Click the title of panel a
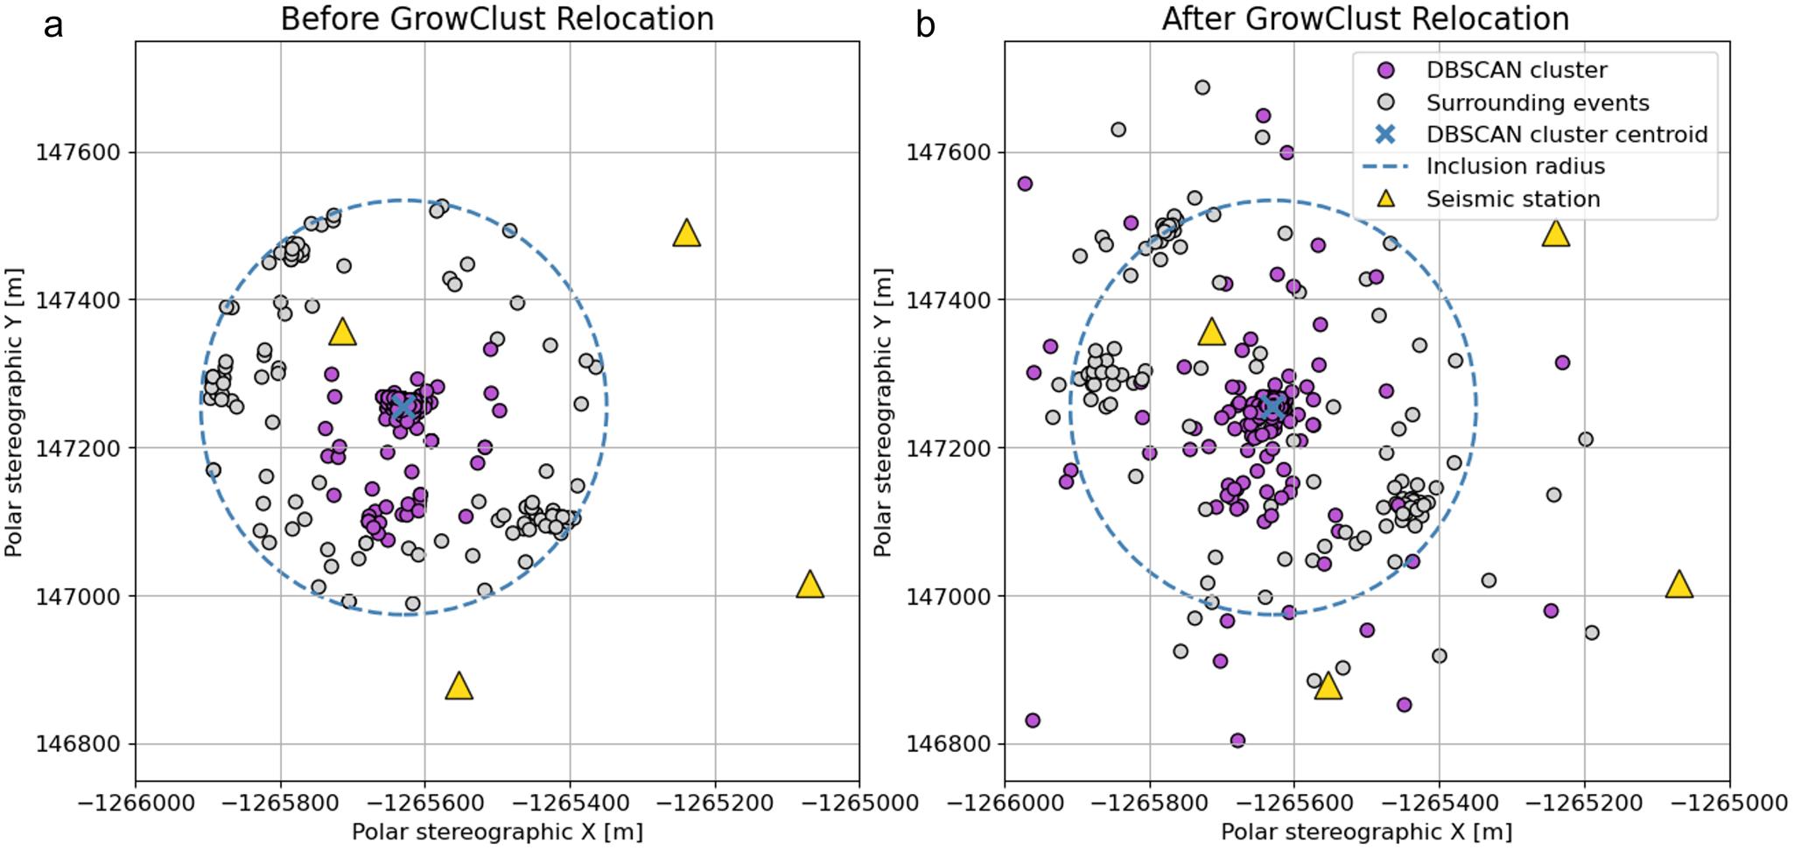[x=497, y=18]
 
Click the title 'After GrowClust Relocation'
[x=1365, y=18]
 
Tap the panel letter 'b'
[x=926, y=25]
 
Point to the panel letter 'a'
[x=53, y=25]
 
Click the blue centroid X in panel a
[x=403, y=407]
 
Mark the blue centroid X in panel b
[x=1272, y=407]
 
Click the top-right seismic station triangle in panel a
[x=686, y=234]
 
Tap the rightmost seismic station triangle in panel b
[x=1678, y=585]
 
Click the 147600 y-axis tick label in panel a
[x=78, y=152]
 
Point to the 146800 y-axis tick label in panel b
[x=948, y=744]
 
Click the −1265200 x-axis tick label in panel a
[x=715, y=802]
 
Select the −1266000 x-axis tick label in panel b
[x=1005, y=802]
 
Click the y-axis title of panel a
[x=13, y=412]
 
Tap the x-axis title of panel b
[x=1366, y=832]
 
